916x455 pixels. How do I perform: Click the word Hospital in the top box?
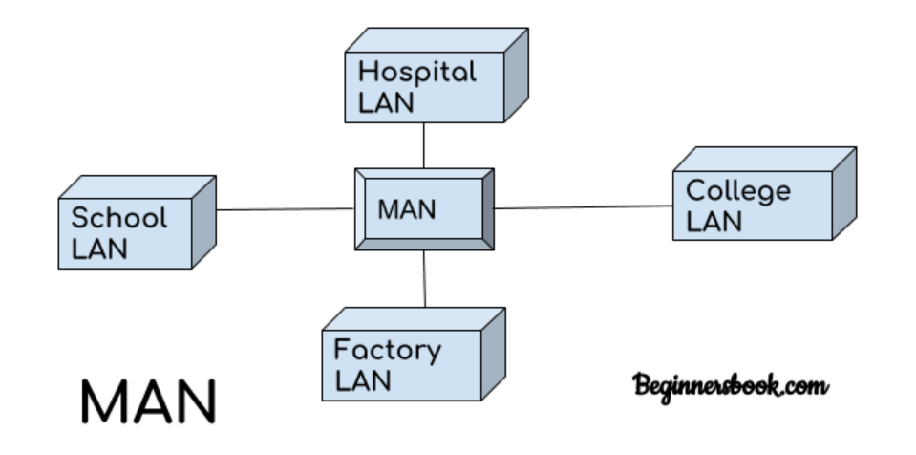(x=416, y=73)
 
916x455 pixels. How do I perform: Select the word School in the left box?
(x=118, y=218)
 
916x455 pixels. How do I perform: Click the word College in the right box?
(x=738, y=191)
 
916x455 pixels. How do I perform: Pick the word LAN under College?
(x=714, y=221)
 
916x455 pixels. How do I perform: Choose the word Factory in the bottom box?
(x=387, y=351)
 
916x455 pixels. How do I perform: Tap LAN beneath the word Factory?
(x=362, y=380)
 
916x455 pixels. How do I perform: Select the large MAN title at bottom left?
(x=147, y=402)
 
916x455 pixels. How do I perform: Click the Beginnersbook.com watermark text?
(x=730, y=387)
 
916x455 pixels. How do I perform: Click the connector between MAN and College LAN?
(x=583, y=206)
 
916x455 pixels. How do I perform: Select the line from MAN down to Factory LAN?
(x=425, y=279)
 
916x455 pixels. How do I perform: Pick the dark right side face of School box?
(x=203, y=222)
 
